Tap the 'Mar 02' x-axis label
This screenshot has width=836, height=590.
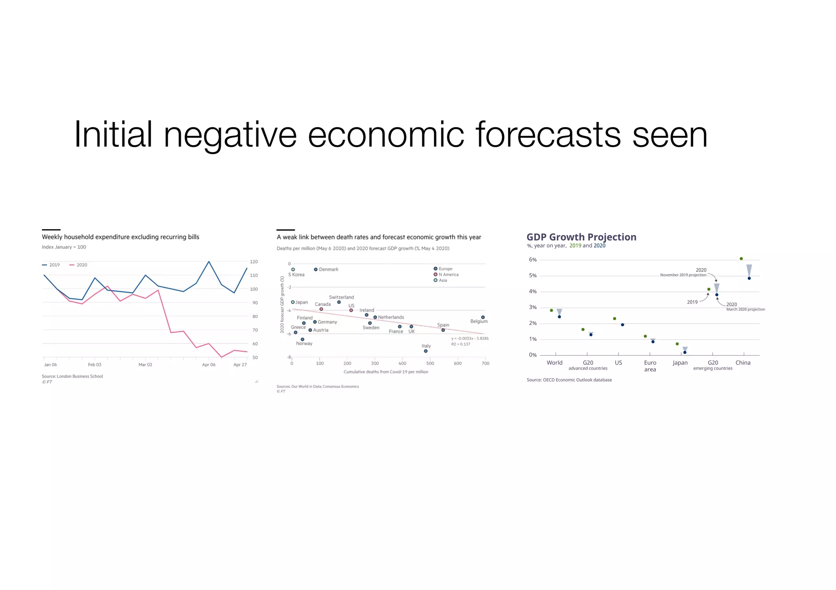click(x=145, y=365)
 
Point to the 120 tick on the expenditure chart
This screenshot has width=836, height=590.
click(x=254, y=262)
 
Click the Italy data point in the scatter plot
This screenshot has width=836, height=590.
click(x=426, y=351)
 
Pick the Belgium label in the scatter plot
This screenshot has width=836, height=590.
click(x=479, y=321)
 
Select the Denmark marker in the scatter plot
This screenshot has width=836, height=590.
click(x=316, y=270)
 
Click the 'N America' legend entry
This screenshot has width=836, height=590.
click(x=448, y=274)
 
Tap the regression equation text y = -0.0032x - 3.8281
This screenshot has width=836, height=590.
click(x=469, y=338)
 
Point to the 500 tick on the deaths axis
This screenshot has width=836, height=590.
click(x=430, y=363)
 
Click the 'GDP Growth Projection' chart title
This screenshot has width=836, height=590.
click(x=581, y=237)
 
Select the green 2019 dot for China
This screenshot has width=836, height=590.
click(x=741, y=259)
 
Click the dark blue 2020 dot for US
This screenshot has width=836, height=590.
click(x=623, y=325)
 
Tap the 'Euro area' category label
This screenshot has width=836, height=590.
click(x=650, y=366)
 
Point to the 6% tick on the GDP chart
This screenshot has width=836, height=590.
click(x=533, y=260)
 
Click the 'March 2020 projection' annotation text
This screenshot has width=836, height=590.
click(x=745, y=309)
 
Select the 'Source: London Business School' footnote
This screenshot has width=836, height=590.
click(x=72, y=376)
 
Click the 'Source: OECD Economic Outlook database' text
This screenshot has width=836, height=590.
click(x=569, y=380)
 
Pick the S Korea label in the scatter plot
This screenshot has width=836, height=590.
click(x=296, y=275)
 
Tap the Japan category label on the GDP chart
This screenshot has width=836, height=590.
click(x=680, y=362)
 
